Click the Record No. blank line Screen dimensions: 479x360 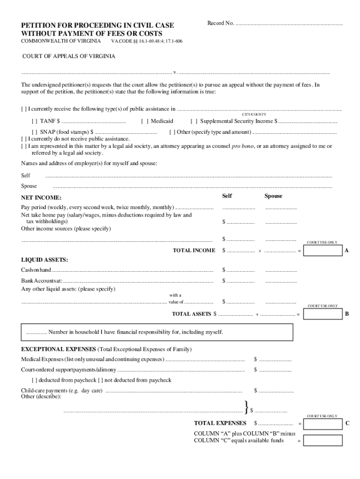click(288, 23)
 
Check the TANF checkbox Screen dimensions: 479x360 click(35, 121)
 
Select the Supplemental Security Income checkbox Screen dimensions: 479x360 click(194, 121)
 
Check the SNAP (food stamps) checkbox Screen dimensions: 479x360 click(35, 132)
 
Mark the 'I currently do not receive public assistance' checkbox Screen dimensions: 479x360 click(24, 139)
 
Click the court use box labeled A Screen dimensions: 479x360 click(323, 251)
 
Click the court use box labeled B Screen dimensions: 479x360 click(323, 314)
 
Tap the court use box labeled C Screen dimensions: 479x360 click(323, 424)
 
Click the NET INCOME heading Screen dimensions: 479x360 click(41, 198)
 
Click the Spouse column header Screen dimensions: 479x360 click(273, 196)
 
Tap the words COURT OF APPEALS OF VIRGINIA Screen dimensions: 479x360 click(69, 57)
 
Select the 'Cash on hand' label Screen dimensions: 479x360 click(36, 270)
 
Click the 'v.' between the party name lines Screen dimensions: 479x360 click(175, 73)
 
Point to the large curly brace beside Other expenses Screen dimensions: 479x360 click(246, 407)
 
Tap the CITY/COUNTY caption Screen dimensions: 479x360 click(254, 114)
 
